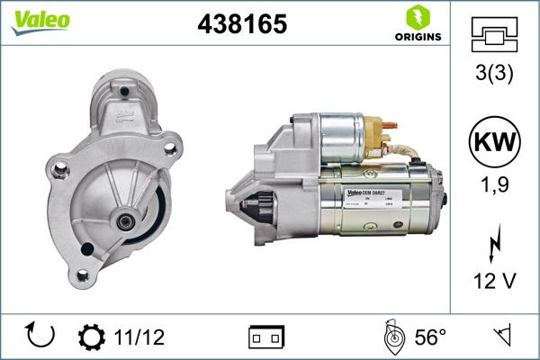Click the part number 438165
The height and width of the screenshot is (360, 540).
point(242,24)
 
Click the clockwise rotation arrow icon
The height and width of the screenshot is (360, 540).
point(41,337)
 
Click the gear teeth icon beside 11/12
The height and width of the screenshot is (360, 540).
point(92,337)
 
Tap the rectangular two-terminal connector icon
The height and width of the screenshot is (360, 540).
point(265,337)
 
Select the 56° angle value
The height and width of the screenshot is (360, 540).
point(431,337)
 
